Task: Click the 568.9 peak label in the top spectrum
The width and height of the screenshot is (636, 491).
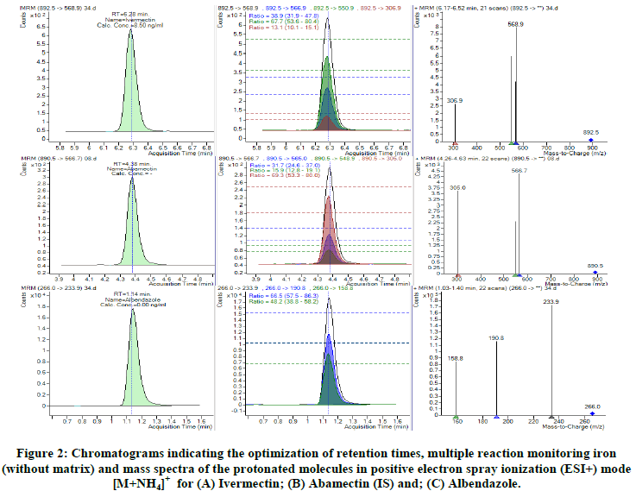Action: tap(516, 23)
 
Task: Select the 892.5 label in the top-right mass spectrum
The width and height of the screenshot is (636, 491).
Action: tap(592, 132)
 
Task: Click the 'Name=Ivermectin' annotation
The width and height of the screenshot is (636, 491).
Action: tap(132, 19)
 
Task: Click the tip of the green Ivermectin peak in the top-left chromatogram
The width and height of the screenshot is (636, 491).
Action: tap(131, 32)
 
